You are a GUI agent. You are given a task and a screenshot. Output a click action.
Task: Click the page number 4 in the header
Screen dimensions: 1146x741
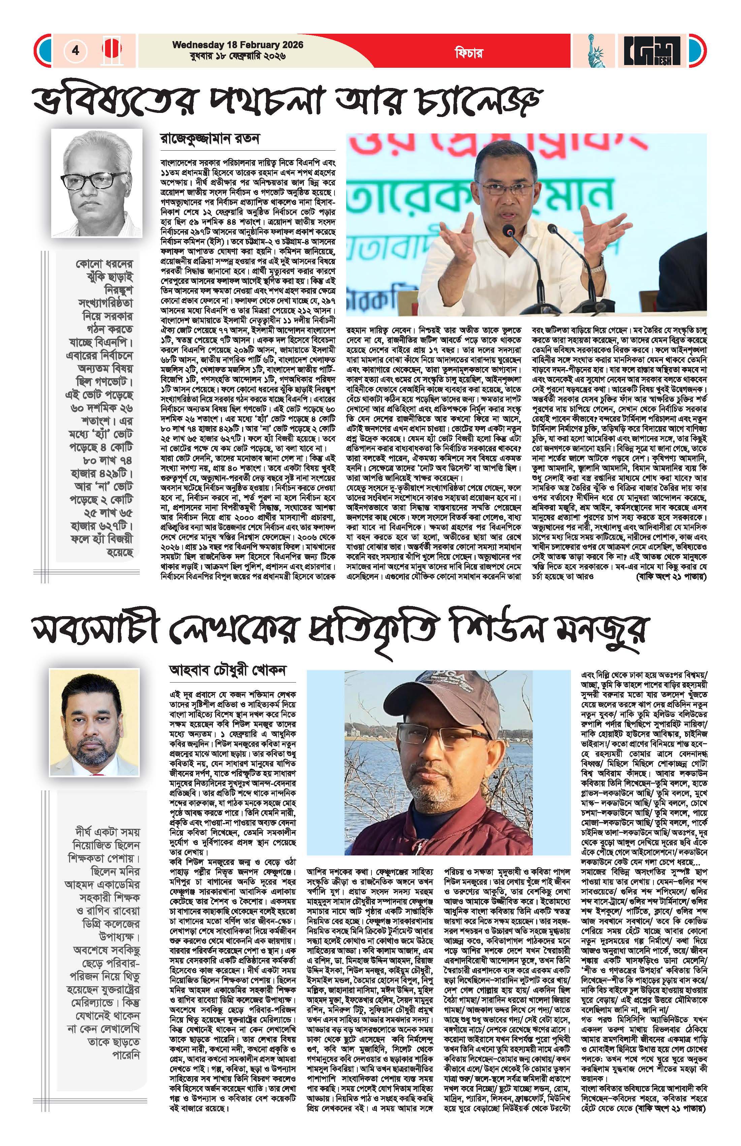75,50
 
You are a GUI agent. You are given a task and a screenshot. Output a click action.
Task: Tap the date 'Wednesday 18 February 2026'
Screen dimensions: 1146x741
238,45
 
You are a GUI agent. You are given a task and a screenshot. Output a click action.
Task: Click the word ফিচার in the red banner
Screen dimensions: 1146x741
468,53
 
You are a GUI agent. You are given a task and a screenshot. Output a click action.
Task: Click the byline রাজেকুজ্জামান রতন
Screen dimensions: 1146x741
210,139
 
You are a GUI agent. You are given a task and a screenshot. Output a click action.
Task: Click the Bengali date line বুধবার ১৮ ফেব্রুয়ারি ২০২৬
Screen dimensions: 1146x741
238,56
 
